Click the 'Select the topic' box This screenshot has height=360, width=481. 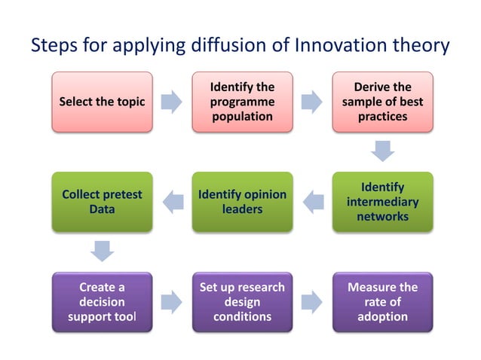pyautogui.click(x=102, y=102)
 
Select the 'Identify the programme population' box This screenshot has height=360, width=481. pyautogui.click(x=242, y=102)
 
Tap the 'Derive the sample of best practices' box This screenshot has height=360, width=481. pyautogui.click(x=383, y=102)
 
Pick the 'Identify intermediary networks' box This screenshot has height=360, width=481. pyautogui.click(x=383, y=201)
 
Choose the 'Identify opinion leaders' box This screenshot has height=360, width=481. pyautogui.click(x=242, y=201)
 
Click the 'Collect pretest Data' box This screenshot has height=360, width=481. pyautogui.click(x=102, y=201)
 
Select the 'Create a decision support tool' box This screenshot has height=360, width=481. pyautogui.click(x=102, y=302)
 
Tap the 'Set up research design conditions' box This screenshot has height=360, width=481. pyautogui.click(x=242, y=302)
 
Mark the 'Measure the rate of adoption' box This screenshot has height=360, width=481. pyautogui.click(x=383, y=302)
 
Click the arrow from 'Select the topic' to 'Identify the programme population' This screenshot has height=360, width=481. pyautogui.click(x=172, y=102)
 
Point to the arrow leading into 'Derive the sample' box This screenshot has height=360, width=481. pyautogui.click(x=312, y=102)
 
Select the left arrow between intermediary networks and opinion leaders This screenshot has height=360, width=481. pyautogui.click(x=312, y=201)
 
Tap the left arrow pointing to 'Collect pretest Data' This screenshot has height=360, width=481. pyautogui.click(x=172, y=201)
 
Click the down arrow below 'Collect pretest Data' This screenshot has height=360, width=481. pyautogui.click(x=102, y=250)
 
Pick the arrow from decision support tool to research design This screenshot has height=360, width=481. pyautogui.click(x=172, y=302)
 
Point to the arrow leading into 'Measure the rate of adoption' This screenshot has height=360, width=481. pyautogui.click(x=312, y=302)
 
